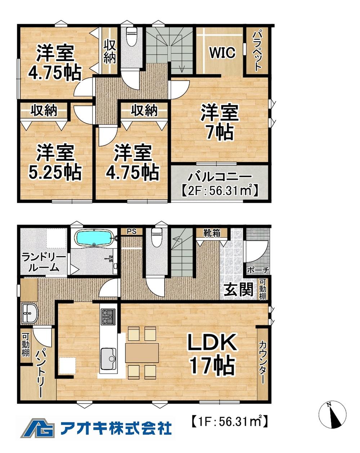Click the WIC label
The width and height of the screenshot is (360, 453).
(222, 53)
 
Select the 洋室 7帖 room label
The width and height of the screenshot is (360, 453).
(220, 122)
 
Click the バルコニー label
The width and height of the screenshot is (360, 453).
(220, 178)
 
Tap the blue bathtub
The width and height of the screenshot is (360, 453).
(94, 238)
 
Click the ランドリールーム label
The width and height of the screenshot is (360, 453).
(44, 262)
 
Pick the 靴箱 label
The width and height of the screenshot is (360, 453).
(212, 233)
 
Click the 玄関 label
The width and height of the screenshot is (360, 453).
(238, 290)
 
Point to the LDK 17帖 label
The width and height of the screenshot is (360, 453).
(212, 354)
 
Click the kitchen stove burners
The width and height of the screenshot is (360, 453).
(108, 316)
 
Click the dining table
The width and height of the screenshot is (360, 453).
(142, 352)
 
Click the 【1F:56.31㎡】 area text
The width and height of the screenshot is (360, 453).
(229, 420)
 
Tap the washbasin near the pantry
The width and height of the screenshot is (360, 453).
(29, 313)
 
